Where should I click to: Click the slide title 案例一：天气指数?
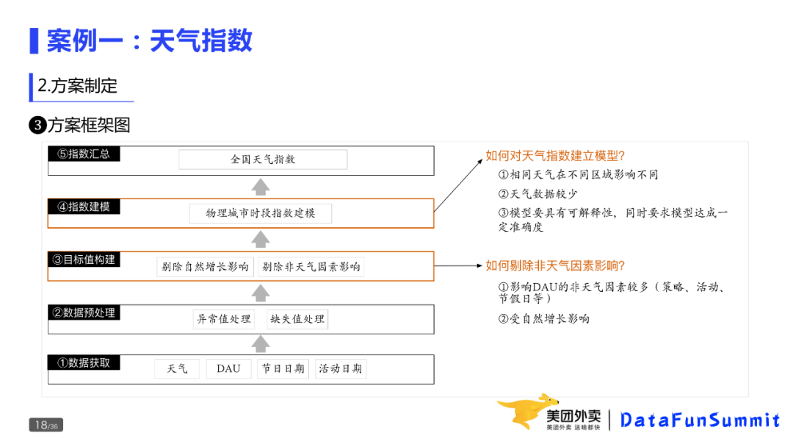click(149, 40)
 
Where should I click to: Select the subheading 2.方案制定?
click(77, 86)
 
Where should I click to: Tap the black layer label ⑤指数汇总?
click(84, 154)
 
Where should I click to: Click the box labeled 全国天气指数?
click(263, 160)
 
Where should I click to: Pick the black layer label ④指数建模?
click(84, 207)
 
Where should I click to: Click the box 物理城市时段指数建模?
click(261, 213)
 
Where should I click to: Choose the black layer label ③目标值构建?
click(84, 260)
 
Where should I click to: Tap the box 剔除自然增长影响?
click(206, 267)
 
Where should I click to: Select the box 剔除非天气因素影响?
click(311, 267)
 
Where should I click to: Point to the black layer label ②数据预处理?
click(84, 312)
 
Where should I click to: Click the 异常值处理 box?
click(223, 319)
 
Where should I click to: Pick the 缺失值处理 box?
click(297, 319)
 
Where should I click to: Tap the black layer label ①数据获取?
click(84, 362)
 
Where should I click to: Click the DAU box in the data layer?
click(228, 369)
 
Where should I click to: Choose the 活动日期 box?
click(341, 369)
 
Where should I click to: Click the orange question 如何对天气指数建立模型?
click(555, 156)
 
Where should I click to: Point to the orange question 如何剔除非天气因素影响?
click(555, 265)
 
